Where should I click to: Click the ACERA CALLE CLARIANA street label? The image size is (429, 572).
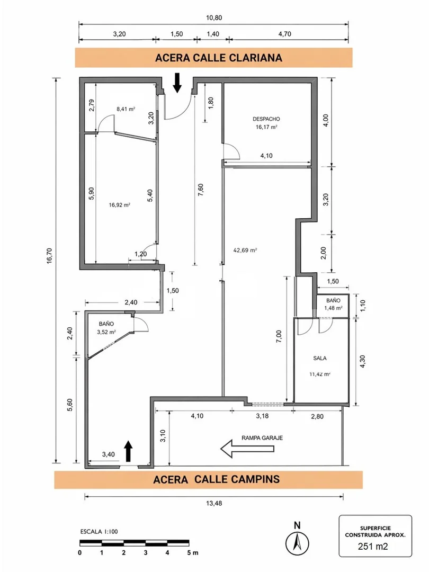click(219, 58)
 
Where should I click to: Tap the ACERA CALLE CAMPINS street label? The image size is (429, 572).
click(216, 479)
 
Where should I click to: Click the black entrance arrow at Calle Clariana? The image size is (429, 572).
click(177, 83)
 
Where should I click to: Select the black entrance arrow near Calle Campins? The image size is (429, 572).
click(128, 451)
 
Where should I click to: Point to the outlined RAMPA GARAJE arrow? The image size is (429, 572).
click(247, 449)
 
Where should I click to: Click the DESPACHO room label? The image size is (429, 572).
click(266, 119)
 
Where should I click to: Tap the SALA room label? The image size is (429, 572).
click(319, 358)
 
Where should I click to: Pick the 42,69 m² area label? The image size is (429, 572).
click(245, 250)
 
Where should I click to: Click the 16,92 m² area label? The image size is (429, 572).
click(120, 205)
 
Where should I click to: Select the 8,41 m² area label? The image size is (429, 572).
click(126, 109)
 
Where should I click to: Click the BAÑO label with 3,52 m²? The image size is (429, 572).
click(106, 324)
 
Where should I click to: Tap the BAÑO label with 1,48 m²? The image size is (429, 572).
click(334, 301)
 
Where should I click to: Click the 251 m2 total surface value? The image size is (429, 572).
click(373, 546)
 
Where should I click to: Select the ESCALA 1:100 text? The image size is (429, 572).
click(99, 532)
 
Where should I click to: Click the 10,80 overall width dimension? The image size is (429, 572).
click(214, 17)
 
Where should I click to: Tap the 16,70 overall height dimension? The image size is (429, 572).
click(50, 255)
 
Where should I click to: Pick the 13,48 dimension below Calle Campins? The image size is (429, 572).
click(214, 504)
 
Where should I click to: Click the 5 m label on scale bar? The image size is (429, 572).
click(193, 552)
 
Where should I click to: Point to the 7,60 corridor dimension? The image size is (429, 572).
click(200, 190)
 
